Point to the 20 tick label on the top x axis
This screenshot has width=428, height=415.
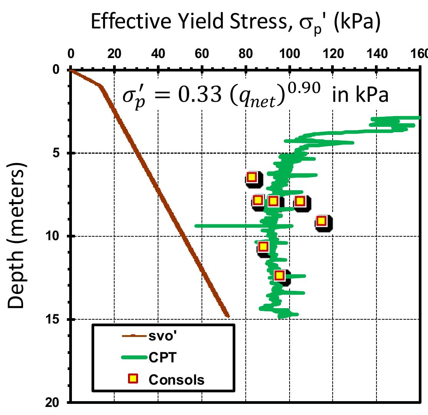[114, 54]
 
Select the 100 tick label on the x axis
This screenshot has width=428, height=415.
[289, 54]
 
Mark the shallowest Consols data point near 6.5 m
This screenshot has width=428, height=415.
[251, 177]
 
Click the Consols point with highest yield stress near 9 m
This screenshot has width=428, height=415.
[321, 221]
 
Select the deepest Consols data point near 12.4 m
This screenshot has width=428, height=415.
[279, 275]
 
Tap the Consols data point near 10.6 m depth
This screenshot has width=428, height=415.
[263, 246]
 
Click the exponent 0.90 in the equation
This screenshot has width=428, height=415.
[306, 88]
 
